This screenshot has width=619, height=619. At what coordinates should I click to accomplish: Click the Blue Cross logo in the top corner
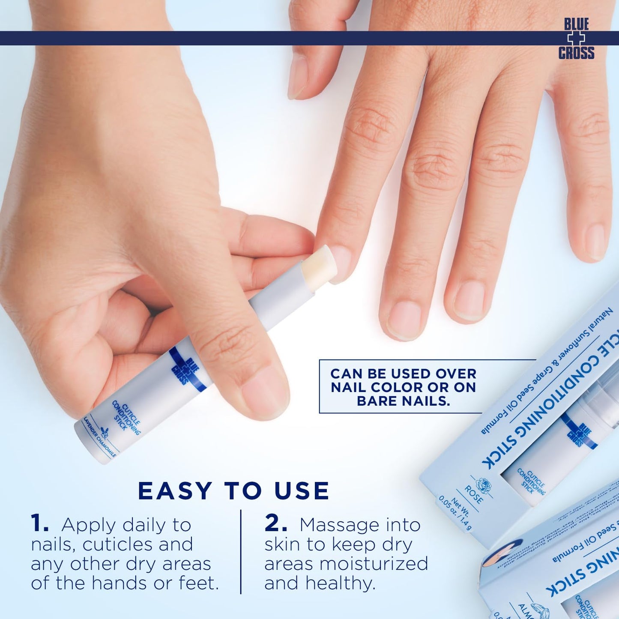(576, 39)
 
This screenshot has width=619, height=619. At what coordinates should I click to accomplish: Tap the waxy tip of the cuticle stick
(319, 268)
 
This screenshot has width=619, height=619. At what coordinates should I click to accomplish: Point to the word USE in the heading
(302, 491)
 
